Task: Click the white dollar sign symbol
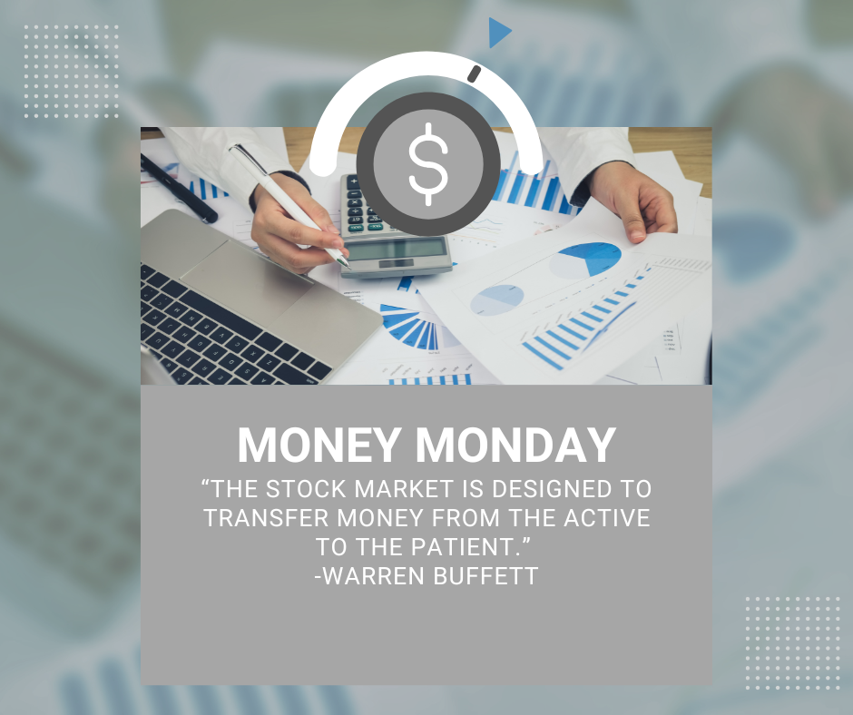pyautogui.click(x=428, y=164)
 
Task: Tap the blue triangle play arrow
pyautogui.click(x=499, y=33)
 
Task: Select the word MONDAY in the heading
pyautogui.click(x=515, y=446)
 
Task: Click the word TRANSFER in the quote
pyautogui.click(x=266, y=517)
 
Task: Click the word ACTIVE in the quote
pyautogui.click(x=607, y=517)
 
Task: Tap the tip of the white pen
pyautogui.click(x=348, y=267)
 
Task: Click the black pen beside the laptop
pyautogui.click(x=179, y=188)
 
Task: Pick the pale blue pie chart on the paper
pyautogui.click(x=497, y=299)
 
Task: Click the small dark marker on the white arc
pyautogui.click(x=475, y=74)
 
